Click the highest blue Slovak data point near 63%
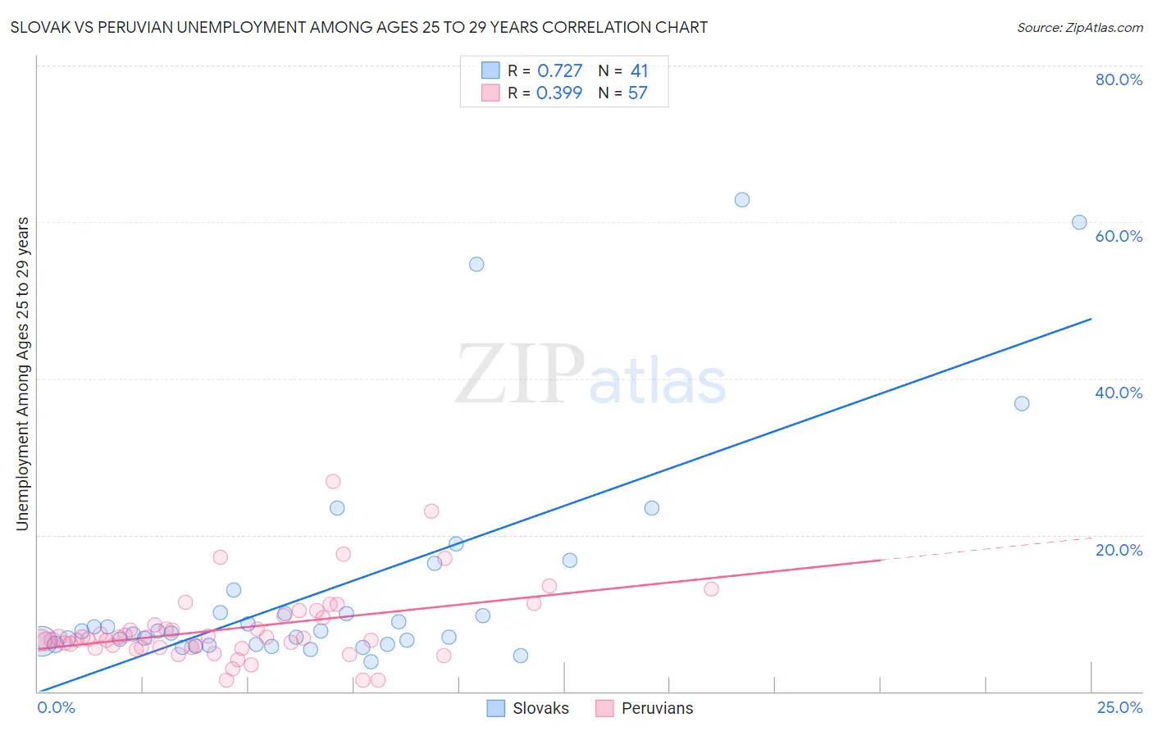pos(742,200)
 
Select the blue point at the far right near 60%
pos(1079,222)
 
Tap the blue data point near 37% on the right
pos(1022,403)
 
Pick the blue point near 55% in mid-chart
pos(476,264)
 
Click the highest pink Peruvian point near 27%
pos(333,481)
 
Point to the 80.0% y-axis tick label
pos(1119,79)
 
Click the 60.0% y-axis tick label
pos(1119,236)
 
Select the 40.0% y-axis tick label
pos(1119,393)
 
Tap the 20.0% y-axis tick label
pos(1119,550)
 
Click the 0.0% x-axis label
pos(57,708)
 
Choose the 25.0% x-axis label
pos(1119,708)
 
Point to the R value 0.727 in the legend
pos(559,71)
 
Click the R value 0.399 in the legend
pos(559,93)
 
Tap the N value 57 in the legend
pos(638,93)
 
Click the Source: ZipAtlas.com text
pos(1080,28)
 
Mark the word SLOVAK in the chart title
pos(36,28)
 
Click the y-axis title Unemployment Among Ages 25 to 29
pos(23,374)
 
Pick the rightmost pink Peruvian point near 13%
pos(711,588)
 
